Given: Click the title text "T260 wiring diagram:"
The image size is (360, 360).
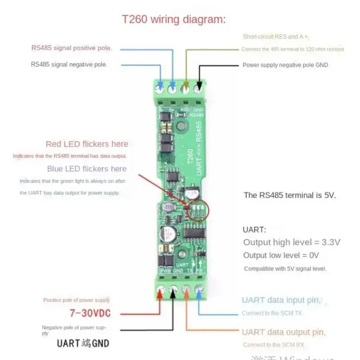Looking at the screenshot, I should point(174,20).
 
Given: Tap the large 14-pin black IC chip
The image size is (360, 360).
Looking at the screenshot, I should point(194,233).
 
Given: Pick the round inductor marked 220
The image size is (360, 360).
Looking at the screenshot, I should point(169,208).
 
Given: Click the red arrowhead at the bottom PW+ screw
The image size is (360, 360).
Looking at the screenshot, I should point(160,298).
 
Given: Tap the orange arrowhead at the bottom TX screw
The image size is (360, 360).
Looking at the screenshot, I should point(186,298).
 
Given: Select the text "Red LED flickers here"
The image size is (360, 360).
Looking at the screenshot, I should point(87,144).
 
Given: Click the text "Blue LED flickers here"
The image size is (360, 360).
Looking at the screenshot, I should point(87,169).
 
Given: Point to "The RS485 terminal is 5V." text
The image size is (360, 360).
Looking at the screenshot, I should point(290,195).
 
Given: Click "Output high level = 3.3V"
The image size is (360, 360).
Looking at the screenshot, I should point(292,242).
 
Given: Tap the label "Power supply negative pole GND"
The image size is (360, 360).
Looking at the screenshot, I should point(285,65).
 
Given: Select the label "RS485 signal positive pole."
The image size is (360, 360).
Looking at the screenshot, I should point(72,48).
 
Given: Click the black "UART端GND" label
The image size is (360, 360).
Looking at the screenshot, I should point(83,343).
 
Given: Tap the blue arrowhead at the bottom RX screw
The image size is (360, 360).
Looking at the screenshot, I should point(198,298).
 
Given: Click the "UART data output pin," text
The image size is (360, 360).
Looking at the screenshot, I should point(283,332).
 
